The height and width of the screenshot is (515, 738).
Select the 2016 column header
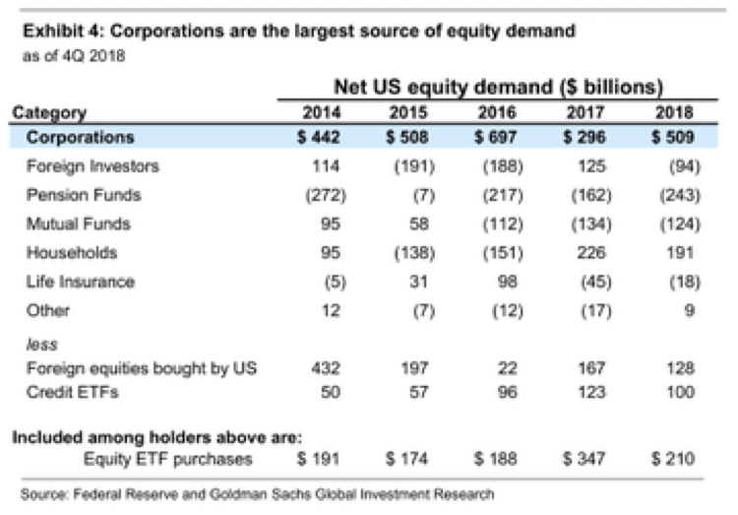pyautogui.click(x=498, y=113)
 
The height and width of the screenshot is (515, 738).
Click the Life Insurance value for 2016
pyautogui.click(x=499, y=282)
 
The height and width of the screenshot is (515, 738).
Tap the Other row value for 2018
pyautogui.click(x=686, y=310)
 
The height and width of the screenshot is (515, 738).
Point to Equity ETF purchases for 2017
pyautogui.click(x=581, y=459)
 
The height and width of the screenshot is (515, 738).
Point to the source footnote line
pyautogui.click(x=257, y=492)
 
